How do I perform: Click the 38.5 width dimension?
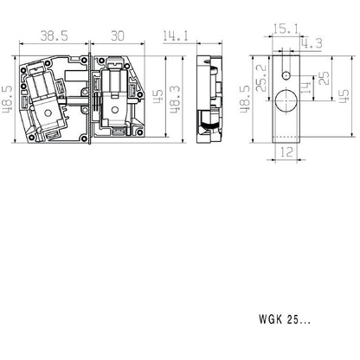coord(54,35)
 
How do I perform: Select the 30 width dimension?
coord(118,35)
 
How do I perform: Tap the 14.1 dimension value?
coord(176,35)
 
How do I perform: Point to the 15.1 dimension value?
coord(286,29)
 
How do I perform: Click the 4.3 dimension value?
coord(312,43)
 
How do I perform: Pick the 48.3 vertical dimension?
coord(175,100)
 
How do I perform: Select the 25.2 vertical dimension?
coord(261,78)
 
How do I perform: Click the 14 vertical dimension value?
coord(305,87)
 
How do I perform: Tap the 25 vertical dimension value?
coord(325,78)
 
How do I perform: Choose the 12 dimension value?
coord(286,152)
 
